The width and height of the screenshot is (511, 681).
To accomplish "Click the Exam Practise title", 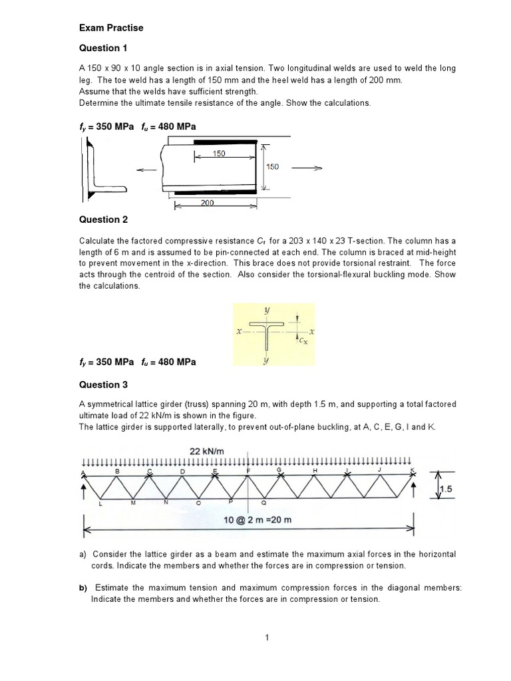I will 111,28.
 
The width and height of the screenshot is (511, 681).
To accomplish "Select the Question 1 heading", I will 103,48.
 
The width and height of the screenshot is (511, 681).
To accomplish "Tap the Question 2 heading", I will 103,219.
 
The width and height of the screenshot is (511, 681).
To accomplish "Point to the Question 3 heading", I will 103,384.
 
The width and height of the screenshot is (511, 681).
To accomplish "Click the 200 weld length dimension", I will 207,203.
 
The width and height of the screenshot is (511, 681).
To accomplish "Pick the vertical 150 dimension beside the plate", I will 273,167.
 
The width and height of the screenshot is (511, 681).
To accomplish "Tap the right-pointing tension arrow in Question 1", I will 307,168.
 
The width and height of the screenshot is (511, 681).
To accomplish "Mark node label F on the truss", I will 248,471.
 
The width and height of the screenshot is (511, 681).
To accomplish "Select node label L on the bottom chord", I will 100,505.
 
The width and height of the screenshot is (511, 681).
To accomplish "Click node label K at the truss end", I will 413,472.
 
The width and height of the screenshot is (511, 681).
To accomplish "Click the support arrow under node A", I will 84,491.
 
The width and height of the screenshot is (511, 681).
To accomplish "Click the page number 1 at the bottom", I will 266,638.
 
